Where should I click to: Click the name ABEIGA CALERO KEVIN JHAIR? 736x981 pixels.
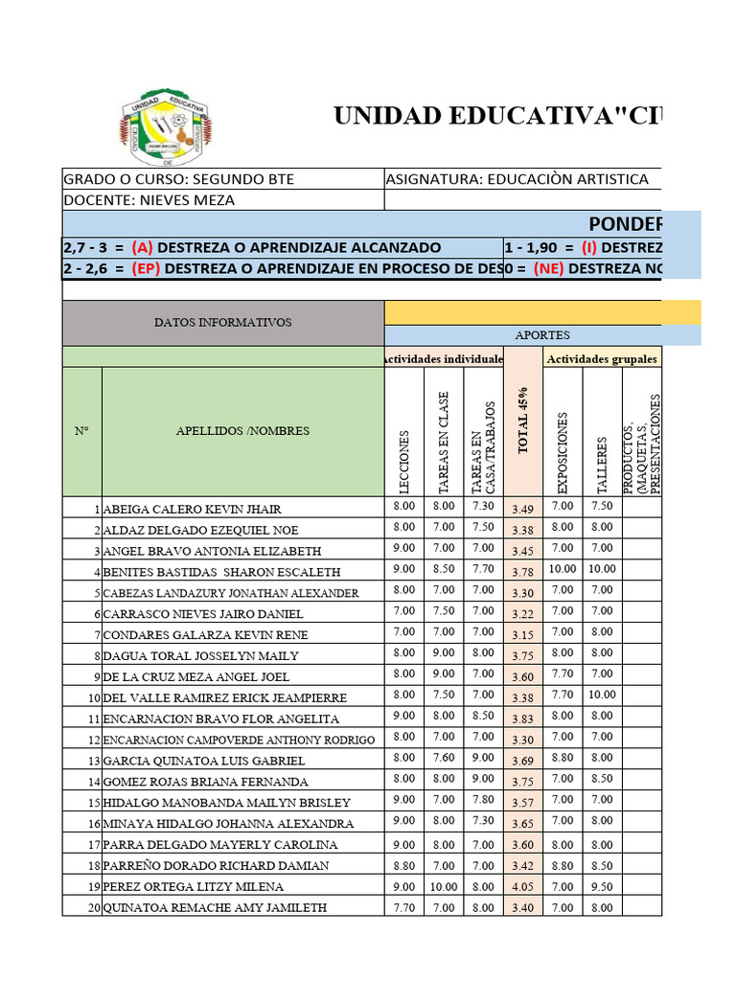[192, 509]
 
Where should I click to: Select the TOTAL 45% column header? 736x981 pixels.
[523, 421]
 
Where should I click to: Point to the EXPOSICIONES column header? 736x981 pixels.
[563, 450]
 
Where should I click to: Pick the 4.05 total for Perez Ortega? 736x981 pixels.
[523, 887]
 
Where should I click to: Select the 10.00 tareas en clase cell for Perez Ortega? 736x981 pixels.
[443, 886]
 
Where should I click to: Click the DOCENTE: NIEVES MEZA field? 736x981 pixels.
[149, 200]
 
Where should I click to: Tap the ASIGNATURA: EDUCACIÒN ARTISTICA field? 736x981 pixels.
[517, 179]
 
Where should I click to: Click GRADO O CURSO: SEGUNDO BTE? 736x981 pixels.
[179, 179]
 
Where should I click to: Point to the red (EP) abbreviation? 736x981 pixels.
[146, 268]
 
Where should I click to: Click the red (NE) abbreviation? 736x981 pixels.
[547, 268]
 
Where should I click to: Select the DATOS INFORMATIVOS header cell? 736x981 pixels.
[222, 323]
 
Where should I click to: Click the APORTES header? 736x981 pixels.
[541, 335]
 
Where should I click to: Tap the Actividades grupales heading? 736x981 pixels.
[602, 358]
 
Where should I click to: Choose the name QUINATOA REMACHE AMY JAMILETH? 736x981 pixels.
[215, 907]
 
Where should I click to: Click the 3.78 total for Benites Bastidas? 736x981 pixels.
[523, 572]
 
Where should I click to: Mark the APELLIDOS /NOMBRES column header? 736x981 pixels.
[242, 431]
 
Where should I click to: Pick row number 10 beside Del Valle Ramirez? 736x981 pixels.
[93, 697]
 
